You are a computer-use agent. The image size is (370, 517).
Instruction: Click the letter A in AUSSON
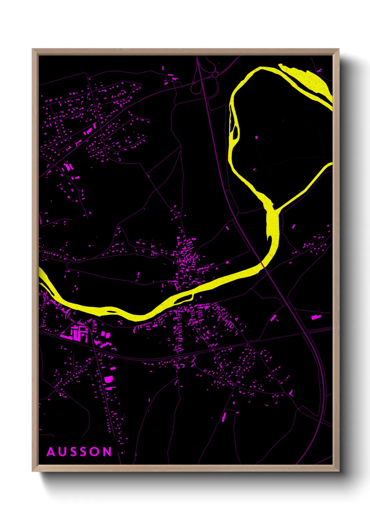coord(51,452)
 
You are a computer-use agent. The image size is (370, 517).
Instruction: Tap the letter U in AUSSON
coord(63,452)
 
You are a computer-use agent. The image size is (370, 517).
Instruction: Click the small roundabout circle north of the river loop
coord(215,75)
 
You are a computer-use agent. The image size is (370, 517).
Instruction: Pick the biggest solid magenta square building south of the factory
coord(109,379)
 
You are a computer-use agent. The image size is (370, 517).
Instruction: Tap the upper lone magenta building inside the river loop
coord(257,138)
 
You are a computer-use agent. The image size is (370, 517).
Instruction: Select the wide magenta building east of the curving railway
coord(316,317)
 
